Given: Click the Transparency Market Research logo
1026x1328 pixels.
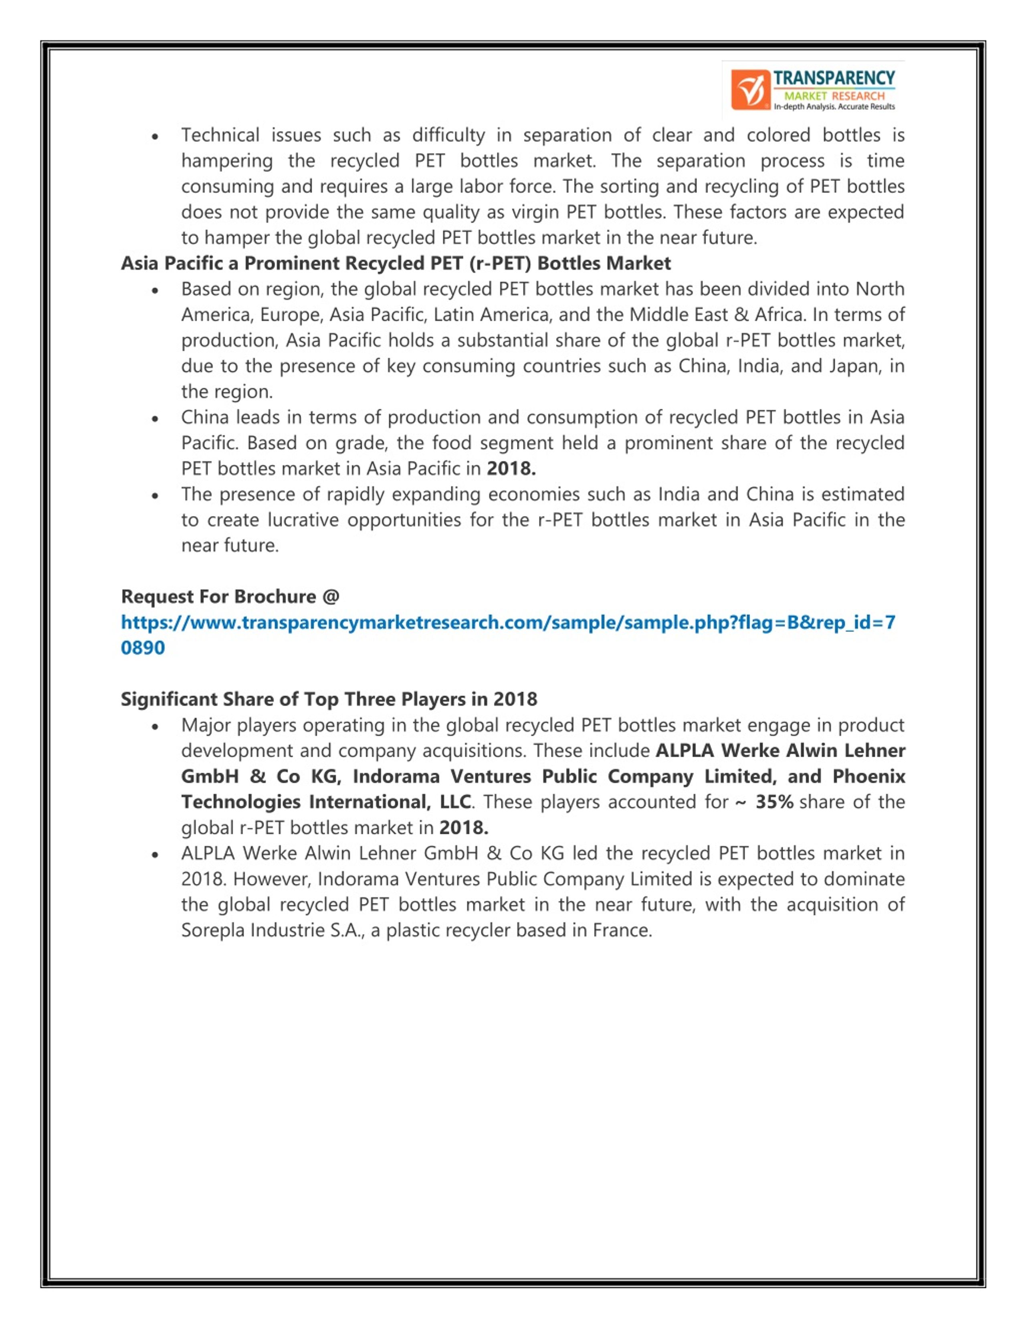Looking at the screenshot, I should (813, 90).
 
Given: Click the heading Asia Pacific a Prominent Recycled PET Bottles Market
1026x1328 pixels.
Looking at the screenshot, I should (396, 263).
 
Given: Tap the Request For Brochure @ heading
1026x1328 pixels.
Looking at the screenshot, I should (230, 596).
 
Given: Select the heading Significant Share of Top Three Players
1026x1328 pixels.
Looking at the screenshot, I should (329, 699).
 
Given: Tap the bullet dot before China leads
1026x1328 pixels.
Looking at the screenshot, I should (156, 418).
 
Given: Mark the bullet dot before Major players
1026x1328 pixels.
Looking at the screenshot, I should (156, 726).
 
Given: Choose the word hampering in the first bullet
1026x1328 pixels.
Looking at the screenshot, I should (227, 161).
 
